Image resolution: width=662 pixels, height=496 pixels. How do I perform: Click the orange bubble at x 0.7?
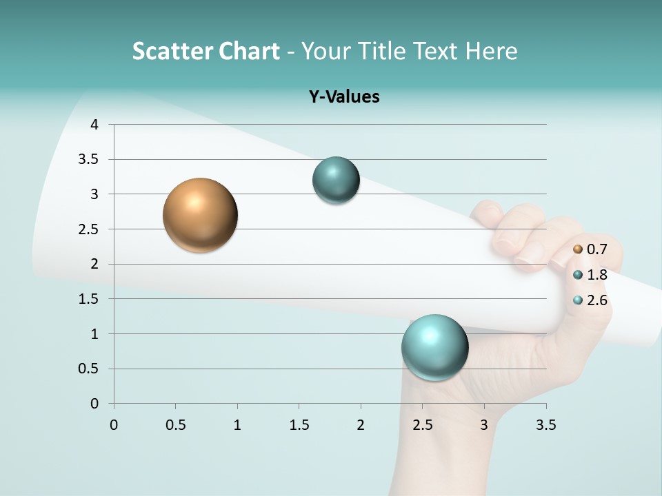coord(200,215)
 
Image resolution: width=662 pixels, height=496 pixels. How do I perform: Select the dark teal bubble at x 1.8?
coord(336,180)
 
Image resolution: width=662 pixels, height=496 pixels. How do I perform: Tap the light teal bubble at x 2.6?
coord(434,347)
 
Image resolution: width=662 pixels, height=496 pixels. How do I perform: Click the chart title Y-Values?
coord(343,96)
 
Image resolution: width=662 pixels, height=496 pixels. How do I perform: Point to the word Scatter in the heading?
coord(172,51)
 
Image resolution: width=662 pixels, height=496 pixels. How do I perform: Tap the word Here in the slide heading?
coord(491,51)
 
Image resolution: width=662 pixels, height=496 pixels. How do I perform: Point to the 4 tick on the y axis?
coord(94,125)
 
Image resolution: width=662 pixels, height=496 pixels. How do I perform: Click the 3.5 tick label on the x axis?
coord(545,425)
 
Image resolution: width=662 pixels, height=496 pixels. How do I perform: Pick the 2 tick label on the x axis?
coord(361,425)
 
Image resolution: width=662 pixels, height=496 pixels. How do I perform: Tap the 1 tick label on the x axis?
coord(237,425)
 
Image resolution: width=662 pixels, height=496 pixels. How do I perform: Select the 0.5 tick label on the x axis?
coord(175,425)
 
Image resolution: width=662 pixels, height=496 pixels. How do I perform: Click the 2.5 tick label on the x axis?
coord(422,425)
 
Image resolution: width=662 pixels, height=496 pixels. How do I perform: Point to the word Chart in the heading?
coord(249,51)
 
